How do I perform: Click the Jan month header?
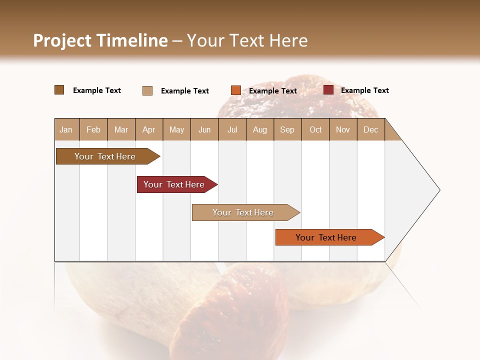[66, 129]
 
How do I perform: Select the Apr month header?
[148, 129]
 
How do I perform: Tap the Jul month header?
[232, 129]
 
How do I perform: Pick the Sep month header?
[287, 129]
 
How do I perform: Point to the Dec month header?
[370, 129]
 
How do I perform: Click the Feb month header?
[93, 129]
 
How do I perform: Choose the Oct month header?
[315, 129]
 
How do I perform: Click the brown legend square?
[59, 90]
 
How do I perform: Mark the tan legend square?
[147, 90]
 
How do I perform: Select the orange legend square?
[235, 90]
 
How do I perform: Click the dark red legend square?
[328, 90]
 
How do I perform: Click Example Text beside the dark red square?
[364, 90]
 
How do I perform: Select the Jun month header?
[204, 129]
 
